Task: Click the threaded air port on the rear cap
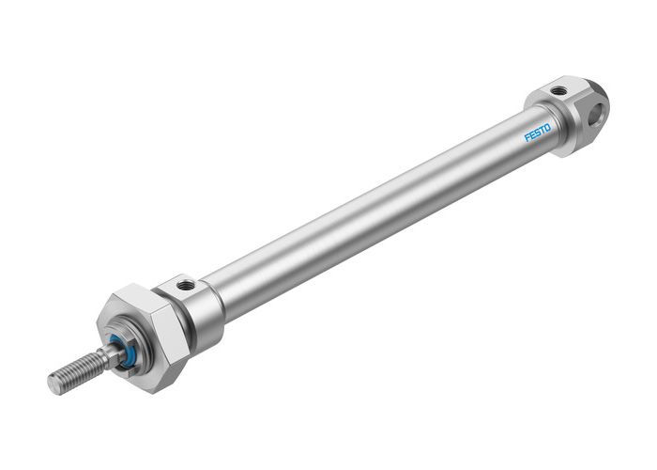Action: pyautogui.click(x=559, y=91)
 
